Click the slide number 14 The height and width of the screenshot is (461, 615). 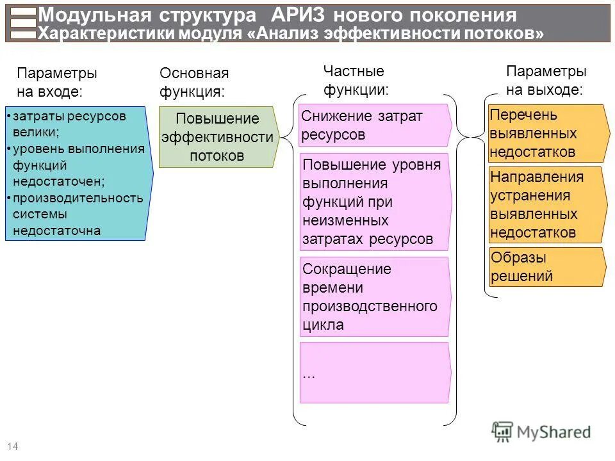pyautogui.click(x=12, y=446)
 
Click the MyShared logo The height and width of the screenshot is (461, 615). pyautogui.click(x=541, y=432)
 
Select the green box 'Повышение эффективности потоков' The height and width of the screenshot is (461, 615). pyautogui.click(x=218, y=137)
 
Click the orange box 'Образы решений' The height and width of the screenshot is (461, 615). pyautogui.click(x=546, y=267)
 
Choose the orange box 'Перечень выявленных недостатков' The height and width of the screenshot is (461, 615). pyautogui.click(x=546, y=133)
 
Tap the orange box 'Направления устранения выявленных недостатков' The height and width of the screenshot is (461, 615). pyautogui.click(x=546, y=205)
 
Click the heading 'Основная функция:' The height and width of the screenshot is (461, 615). pyautogui.click(x=193, y=83)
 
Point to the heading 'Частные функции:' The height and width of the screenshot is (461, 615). pyautogui.click(x=356, y=81)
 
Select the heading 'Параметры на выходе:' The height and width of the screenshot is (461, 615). pyautogui.click(x=545, y=81)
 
